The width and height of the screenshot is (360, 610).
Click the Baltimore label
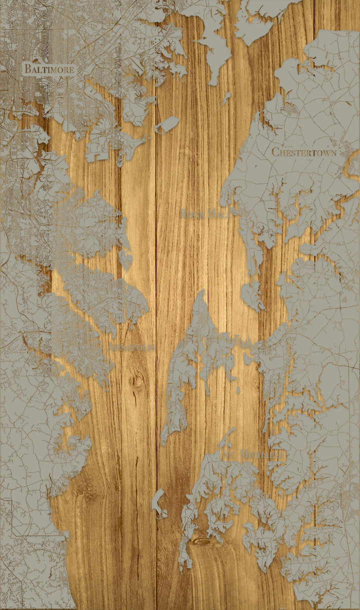tap(49, 69)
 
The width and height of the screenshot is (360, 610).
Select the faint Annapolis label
tap(131, 346)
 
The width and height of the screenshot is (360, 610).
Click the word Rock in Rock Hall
tap(190, 214)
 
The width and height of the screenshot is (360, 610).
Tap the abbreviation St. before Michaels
tap(228, 454)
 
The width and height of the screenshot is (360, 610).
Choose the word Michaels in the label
tap(256, 454)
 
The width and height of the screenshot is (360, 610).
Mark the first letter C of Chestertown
tap(275, 151)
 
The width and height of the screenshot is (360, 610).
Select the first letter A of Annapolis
tap(111, 346)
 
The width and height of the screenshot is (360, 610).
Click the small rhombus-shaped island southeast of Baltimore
tap(167, 124)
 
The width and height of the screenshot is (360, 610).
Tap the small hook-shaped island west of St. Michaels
tap(158, 502)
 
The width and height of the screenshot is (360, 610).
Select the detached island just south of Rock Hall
tap(252, 295)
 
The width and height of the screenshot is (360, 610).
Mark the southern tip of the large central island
tap(163, 443)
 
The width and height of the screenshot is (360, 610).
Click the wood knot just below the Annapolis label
tap(135, 381)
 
